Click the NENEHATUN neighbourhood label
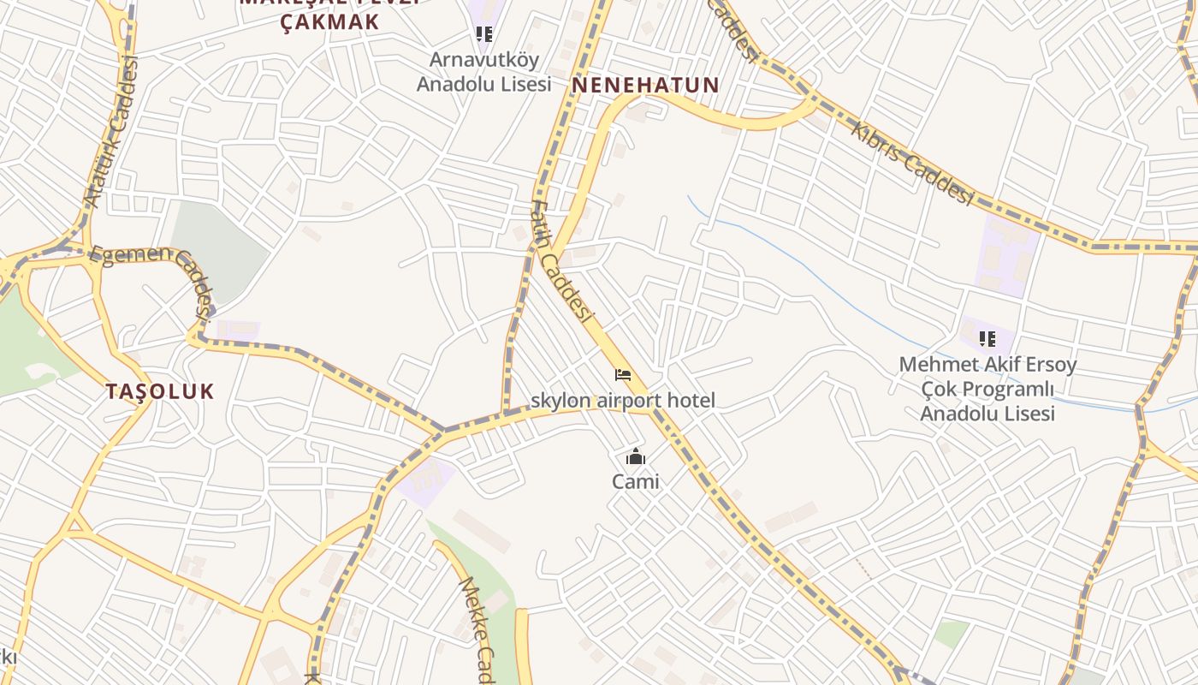(x=645, y=86)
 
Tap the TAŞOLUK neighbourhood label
(x=160, y=391)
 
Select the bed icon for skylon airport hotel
(x=623, y=375)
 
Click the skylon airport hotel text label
(x=623, y=400)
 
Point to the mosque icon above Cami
(x=635, y=456)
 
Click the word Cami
(x=635, y=481)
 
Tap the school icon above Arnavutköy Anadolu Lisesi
(x=484, y=34)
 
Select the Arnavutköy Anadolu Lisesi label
(x=483, y=72)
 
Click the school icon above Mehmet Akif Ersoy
(x=987, y=339)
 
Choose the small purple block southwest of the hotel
(x=426, y=479)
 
